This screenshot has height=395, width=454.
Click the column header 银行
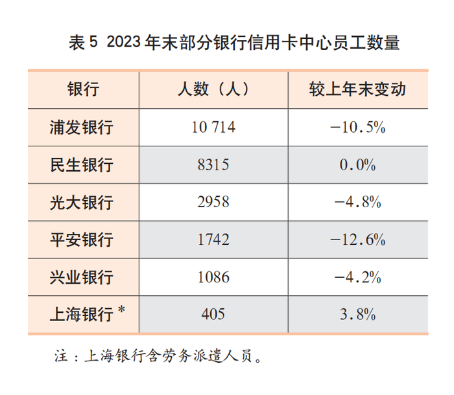click(x=83, y=89)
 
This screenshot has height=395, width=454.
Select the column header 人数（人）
click(x=213, y=89)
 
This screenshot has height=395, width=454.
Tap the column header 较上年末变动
click(x=357, y=89)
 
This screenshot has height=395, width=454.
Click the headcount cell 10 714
click(x=213, y=127)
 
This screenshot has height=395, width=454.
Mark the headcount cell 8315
click(x=213, y=164)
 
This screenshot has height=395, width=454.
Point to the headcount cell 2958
click(x=213, y=202)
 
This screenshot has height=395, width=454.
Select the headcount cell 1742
click(x=213, y=240)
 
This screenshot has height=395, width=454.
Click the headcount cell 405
click(x=213, y=315)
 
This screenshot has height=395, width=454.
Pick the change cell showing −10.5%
click(x=357, y=127)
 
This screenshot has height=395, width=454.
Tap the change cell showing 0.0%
click(x=357, y=164)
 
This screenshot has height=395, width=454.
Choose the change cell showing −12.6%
click(x=357, y=240)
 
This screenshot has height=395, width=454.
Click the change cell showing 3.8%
click(x=357, y=315)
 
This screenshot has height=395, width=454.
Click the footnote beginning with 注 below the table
click(x=158, y=356)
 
